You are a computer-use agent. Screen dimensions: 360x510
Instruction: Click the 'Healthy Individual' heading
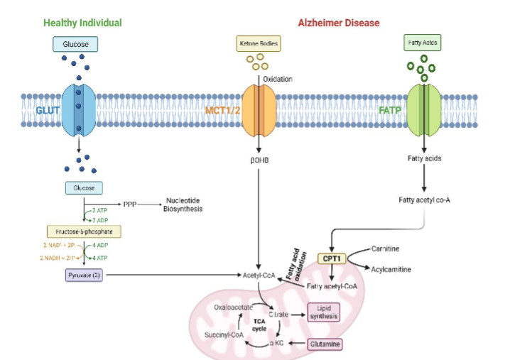pyautogui.click(x=82, y=23)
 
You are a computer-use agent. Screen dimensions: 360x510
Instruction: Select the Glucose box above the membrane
pyautogui.click(x=75, y=45)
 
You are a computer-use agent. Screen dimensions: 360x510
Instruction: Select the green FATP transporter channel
pyautogui.click(x=425, y=110)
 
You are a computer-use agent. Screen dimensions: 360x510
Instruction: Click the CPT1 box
pyautogui.click(x=332, y=259)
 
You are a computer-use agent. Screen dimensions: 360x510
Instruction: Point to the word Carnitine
pyautogui.click(x=388, y=249)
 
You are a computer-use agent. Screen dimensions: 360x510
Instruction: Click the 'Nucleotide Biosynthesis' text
pyautogui.click(x=184, y=204)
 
